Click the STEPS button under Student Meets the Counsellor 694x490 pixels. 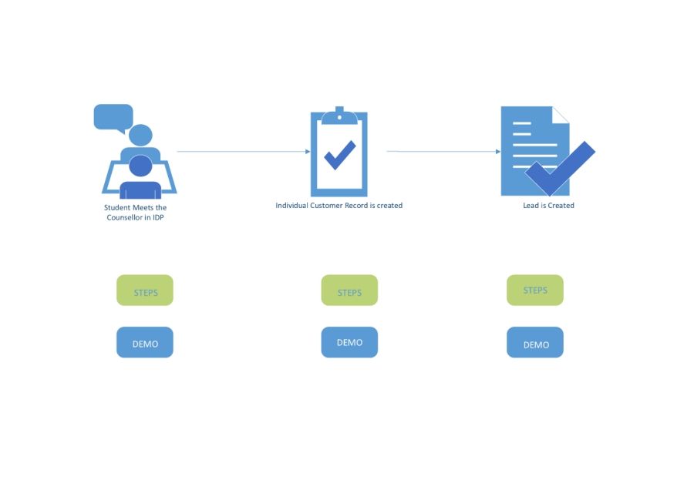[x=145, y=290]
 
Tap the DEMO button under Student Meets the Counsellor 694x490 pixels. [x=145, y=342]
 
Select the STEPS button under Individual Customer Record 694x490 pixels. [x=349, y=290]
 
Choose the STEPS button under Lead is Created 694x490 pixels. [x=535, y=290]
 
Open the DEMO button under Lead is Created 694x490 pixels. [x=535, y=342]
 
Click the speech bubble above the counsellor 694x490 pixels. [x=113, y=118]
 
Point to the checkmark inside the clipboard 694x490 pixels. [x=340, y=155]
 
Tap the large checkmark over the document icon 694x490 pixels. [x=561, y=168]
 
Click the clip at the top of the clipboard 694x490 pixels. [x=339, y=116]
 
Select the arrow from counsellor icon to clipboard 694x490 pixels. [x=244, y=151]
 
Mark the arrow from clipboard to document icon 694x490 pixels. [x=443, y=151]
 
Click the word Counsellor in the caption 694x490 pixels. [x=124, y=217]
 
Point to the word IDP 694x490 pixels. [x=158, y=217]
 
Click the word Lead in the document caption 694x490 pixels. [x=531, y=205]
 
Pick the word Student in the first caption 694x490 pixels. [x=117, y=207]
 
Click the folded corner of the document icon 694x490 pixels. [x=561, y=115]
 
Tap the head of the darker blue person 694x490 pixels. [x=141, y=166]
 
